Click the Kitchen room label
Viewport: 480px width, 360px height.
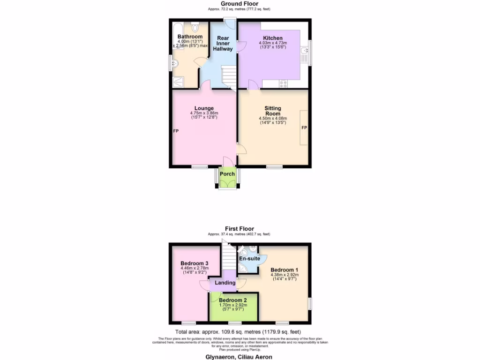[x=272, y=38]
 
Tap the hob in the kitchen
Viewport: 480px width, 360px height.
[x=283, y=84]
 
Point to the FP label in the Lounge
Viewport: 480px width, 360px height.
[x=176, y=131]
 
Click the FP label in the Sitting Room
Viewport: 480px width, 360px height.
[x=304, y=127]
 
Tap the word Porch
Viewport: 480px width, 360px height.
[x=227, y=174]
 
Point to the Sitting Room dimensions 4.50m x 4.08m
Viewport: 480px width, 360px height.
[x=272, y=119]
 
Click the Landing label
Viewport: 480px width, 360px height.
[x=225, y=283]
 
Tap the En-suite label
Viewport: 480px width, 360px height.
[x=249, y=258]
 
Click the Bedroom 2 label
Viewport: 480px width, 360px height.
[x=232, y=300]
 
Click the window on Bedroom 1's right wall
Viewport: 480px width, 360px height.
[x=309, y=303]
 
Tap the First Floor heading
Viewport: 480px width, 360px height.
[x=239, y=229]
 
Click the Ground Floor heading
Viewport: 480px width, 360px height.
[x=239, y=4]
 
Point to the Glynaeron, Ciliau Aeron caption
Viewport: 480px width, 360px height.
[x=239, y=356]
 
